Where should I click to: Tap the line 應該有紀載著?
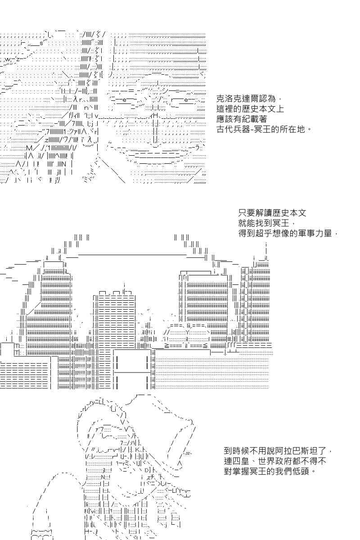[x=242, y=119]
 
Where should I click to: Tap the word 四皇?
[x=241, y=461]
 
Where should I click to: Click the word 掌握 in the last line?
[x=241, y=471]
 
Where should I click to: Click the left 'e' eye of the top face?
[x=124, y=99]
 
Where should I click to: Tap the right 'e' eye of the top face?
[x=186, y=99]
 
